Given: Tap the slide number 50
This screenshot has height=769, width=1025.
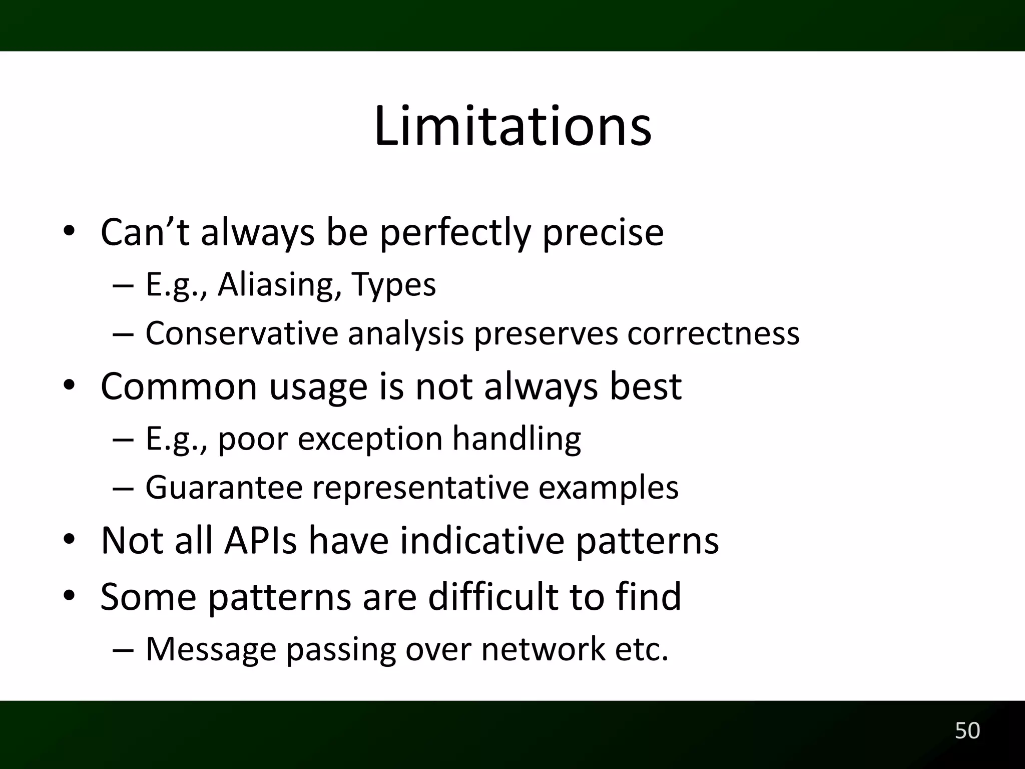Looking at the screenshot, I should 967,730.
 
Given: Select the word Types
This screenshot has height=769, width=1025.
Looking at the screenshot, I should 393,285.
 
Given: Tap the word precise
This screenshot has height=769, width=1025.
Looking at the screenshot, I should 603,233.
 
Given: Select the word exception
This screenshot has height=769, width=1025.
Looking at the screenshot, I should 370,439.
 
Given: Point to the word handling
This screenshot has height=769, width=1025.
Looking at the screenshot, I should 517,438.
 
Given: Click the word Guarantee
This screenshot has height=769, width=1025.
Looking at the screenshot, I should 224,487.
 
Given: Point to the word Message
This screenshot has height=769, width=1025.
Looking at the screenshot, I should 211,649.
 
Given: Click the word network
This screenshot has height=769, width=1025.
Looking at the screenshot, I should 543,649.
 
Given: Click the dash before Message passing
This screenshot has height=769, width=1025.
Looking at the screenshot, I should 123,650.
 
